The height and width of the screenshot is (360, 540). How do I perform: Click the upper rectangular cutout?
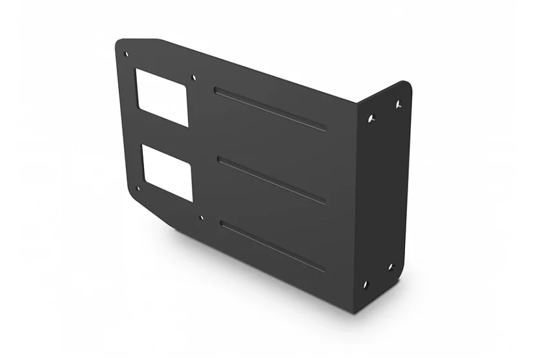pos(161,96)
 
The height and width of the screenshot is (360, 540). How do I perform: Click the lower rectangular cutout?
pos(167,171)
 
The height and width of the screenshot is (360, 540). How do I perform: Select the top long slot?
pos(270,109)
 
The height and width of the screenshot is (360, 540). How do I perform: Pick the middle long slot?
pos(271,180)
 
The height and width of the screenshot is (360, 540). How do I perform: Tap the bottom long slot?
pos(272,246)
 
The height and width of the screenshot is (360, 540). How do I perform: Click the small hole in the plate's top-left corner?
pos(126,54)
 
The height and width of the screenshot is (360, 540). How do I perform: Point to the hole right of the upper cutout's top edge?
pos(194,78)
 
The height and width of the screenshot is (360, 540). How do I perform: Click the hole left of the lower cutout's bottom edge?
pos(138,189)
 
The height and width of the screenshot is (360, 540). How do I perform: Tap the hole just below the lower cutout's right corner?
pos(202,218)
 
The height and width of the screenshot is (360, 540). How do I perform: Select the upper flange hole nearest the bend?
pos(371,118)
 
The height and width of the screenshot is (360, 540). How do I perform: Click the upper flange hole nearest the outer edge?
pos(398,103)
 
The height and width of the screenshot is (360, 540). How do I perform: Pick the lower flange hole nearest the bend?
pos(366,284)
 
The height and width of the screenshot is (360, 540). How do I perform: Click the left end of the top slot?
pos(218,90)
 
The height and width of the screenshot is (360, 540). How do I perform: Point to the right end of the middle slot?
pos(323,202)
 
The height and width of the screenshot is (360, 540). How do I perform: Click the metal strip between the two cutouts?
pos(165,134)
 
